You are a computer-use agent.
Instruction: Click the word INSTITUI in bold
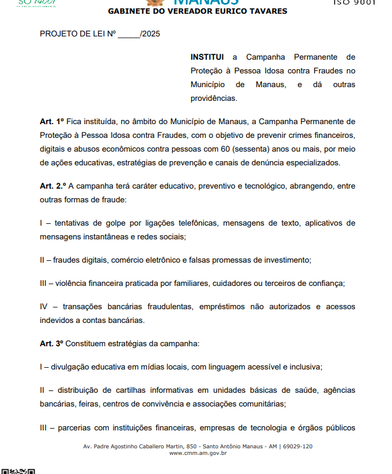[x=207, y=57]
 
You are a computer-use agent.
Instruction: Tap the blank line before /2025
[x=128, y=34]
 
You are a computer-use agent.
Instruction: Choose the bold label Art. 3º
[x=52, y=344]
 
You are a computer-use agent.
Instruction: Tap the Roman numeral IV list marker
[x=44, y=307]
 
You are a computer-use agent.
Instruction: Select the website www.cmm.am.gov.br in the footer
[x=198, y=454]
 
